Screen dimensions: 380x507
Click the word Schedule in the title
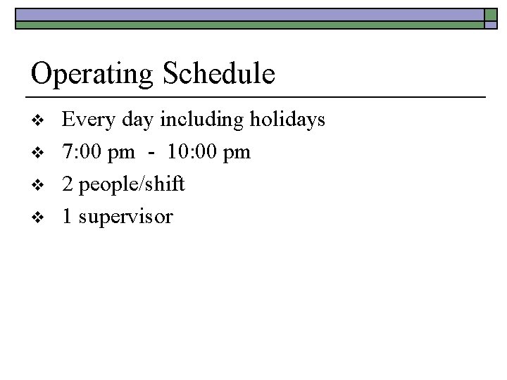219,73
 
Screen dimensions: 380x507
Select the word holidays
287,120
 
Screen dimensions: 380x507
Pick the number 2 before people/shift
68,185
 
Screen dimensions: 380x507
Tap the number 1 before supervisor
67,217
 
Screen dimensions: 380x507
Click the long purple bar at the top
250,14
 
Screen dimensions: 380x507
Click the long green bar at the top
250,25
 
